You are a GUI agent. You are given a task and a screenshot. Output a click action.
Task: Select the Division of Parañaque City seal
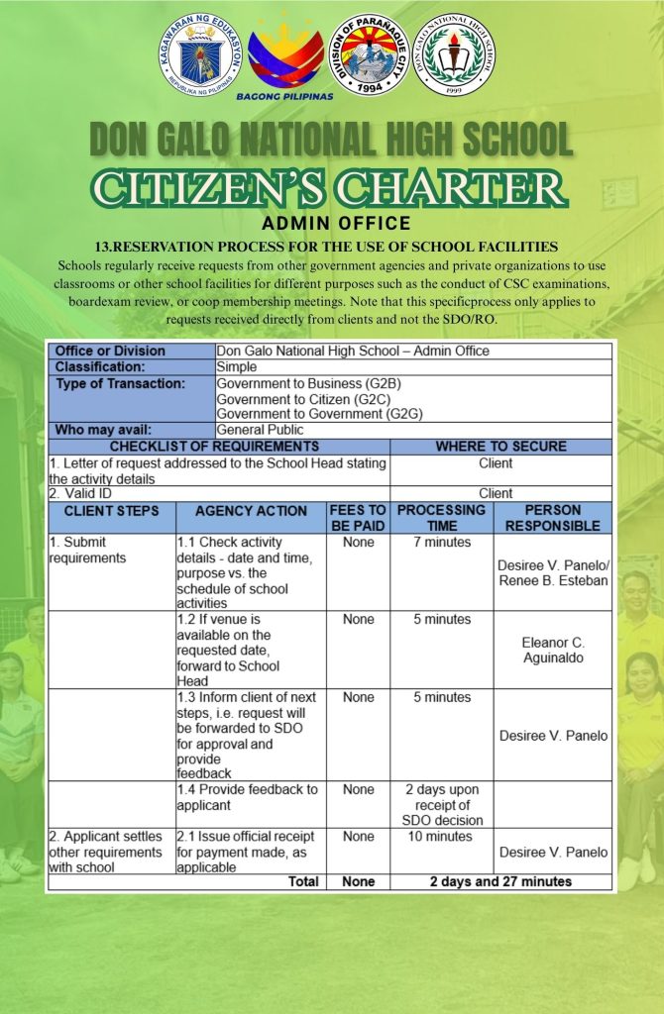pyautogui.click(x=369, y=54)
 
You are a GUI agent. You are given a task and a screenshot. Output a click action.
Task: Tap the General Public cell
pyautogui.click(x=260, y=430)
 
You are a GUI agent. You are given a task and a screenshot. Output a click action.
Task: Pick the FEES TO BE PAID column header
pyautogui.click(x=358, y=518)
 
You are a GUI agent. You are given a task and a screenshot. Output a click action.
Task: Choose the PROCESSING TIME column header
pyautogui.click(x=441, y=518)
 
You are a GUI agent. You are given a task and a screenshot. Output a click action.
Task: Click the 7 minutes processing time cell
pyautogui.click(x=441, y=543)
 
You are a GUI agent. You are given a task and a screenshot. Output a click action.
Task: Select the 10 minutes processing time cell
pyautogui.click(x=441, y=837)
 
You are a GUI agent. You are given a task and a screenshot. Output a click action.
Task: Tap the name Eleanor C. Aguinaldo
pyautogui.click(x=553, y=650)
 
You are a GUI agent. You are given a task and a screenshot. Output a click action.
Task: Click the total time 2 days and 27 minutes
pyautogui.click(x=500, y=881)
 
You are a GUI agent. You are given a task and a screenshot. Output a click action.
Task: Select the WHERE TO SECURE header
pyautogui.click(x=500, y=447)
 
